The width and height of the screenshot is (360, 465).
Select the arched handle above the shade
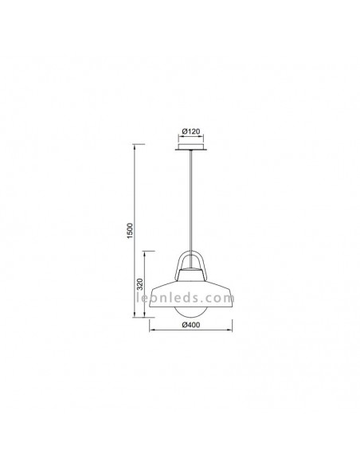pyautogui.click(x=190, y=263)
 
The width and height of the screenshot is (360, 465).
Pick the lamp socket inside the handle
pyautogui.click(x=190, y=275)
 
